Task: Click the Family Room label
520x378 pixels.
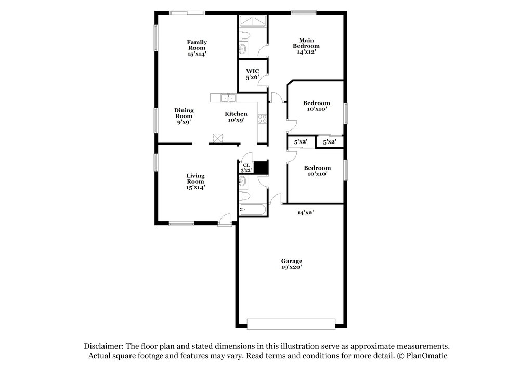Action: click(197, 48)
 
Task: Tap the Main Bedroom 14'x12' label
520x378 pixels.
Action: click(306, 46)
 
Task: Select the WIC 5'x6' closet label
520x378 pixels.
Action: click(252, 74)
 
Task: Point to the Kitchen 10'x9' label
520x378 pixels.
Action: click(236, 116)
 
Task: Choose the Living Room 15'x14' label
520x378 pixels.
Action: click(196, 181)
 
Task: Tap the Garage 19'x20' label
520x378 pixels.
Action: click(292, 264)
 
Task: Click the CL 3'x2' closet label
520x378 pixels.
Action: click(246, 168)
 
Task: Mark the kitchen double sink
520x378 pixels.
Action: click(228, 98)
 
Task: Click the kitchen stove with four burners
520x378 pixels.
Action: click(262, 119)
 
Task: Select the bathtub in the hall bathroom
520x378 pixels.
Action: click(253, 210)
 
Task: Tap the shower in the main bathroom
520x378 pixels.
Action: click(252, 21)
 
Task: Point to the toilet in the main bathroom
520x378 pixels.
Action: click(244, 35)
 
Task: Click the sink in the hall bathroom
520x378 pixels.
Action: click(242, 181)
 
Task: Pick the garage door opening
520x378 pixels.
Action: click(291, 324)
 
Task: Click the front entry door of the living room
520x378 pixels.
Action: click(225, 220)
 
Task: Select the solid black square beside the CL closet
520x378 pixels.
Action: click(261, 167)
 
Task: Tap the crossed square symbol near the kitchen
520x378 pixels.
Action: click(217, 138)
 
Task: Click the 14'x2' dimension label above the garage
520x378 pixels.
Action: click(305, 213)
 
